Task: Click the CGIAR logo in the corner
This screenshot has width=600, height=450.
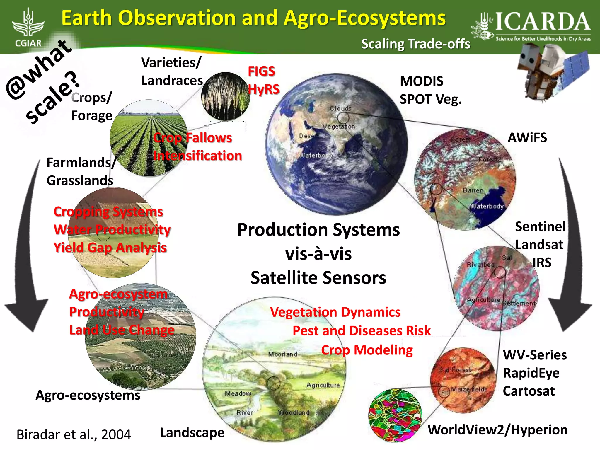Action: [x=28, y=28]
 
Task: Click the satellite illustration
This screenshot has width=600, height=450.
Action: [x=551, y=73]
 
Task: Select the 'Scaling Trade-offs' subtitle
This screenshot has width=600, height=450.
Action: [x=415, y=44]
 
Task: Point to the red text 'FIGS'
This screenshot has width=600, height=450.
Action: [x=261, y=71]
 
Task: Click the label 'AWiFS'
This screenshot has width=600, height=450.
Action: [x=527, y=137]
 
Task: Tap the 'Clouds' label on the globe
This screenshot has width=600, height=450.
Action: [x=340, y=108]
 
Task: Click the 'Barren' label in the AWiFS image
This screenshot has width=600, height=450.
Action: [x=473, y=190]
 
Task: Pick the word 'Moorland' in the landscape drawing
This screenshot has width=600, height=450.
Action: [x=282, y=354]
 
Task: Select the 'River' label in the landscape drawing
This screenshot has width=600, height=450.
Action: [x=245, y=412]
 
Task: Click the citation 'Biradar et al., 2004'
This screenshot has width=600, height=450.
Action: [x=74, y=434]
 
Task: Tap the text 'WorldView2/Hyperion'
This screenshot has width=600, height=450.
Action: [x=497, y=430]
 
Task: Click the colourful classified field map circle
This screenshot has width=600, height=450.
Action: [x=395, y=415]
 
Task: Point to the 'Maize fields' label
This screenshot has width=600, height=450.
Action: [x=469, y=389]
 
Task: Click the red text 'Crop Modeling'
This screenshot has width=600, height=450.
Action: [x=367, y=350]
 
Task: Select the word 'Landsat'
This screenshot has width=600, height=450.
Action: [x=539, y=245]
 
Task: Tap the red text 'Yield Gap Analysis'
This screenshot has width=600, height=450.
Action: [x=110, y=248]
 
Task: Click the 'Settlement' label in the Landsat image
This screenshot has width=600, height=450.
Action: [x=519, y=303]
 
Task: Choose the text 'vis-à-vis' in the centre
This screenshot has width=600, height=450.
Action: [x=318, y=254]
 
